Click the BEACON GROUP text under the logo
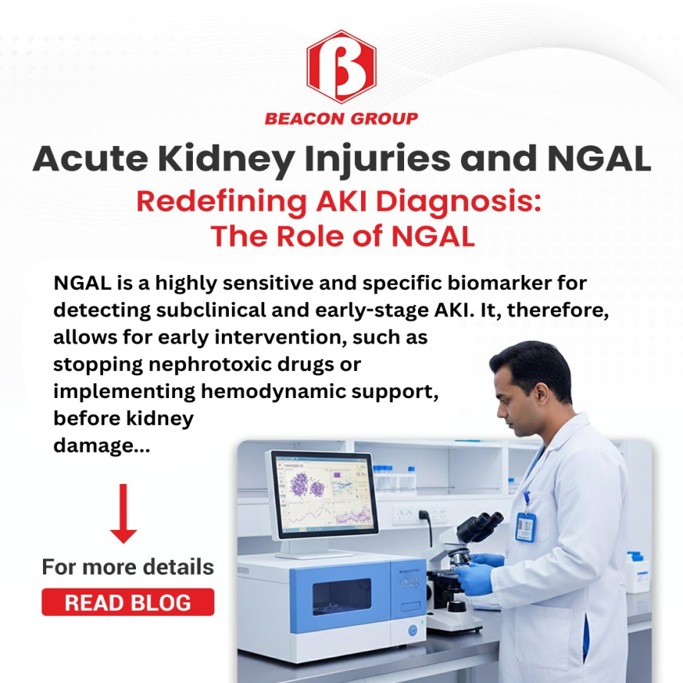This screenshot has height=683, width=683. [x=341, y=118]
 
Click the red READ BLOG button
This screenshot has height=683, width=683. [x=128, y=602]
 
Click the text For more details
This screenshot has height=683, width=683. [x=128, y=567]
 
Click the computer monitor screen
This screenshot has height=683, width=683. [x=323, y=494]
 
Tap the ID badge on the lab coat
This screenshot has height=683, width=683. [x=525, y=526]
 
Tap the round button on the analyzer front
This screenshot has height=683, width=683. [x=413, y=630]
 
